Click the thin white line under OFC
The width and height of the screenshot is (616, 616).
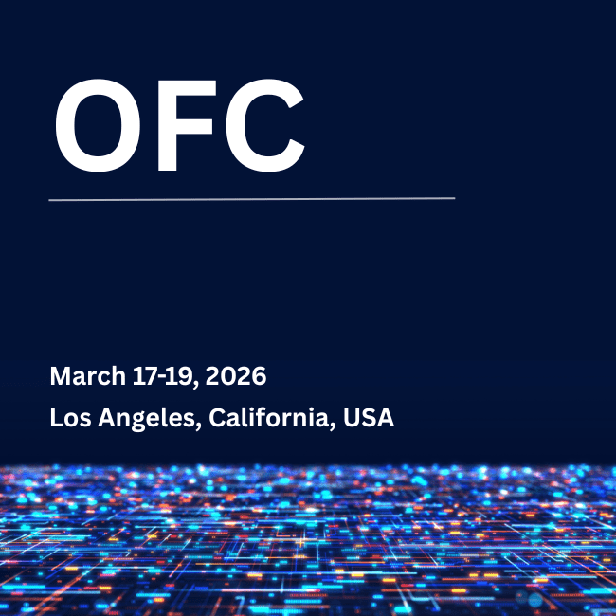point(251,199)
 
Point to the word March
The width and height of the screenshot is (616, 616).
point(86,376)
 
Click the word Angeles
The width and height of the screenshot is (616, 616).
point(145,418)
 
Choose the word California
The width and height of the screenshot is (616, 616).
point(270,417)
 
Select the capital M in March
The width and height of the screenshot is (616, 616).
point(60,376)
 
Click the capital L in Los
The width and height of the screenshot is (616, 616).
point(55,417)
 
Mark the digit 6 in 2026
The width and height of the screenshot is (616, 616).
point(259,376)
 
